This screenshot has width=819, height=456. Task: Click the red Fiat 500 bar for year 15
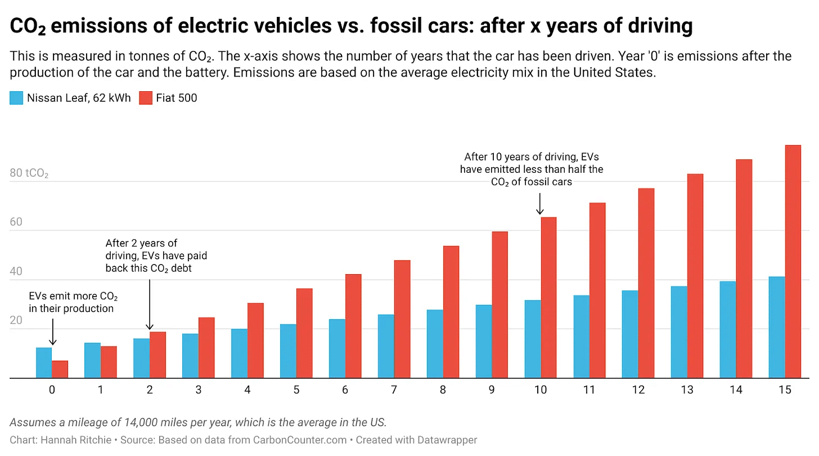click(793, 262)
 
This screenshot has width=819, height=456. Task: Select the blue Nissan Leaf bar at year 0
click(44, 363)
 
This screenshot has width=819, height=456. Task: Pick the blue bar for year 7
click(386, 346)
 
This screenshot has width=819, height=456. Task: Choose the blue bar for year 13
click(679, 332)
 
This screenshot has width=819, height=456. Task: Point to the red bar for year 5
click(304, 333)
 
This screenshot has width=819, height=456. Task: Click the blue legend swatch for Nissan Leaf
click(16, 98)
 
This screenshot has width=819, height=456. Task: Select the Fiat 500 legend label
click(177, 98)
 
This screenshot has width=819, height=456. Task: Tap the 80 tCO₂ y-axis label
click(29, 173)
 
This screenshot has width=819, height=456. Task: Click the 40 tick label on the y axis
click(16, 271)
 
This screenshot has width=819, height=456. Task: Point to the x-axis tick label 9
click(492, 390)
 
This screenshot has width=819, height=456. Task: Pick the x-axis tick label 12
click(638, 390)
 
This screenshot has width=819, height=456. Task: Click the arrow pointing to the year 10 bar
click(540, 204)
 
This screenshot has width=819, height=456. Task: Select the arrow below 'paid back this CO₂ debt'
click(149, 304)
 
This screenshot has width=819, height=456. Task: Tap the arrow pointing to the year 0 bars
click(52, 332)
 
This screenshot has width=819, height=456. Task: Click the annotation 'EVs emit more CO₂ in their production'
click(73, 302)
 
